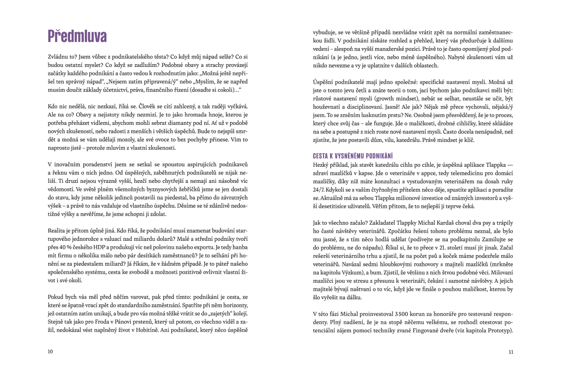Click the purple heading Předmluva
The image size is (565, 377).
pyautogui.click(x=77, y=36)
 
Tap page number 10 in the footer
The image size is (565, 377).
pyautogui.click(x=50, y=352)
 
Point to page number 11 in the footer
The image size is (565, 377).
pyautogui.click(x=511, y=352)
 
